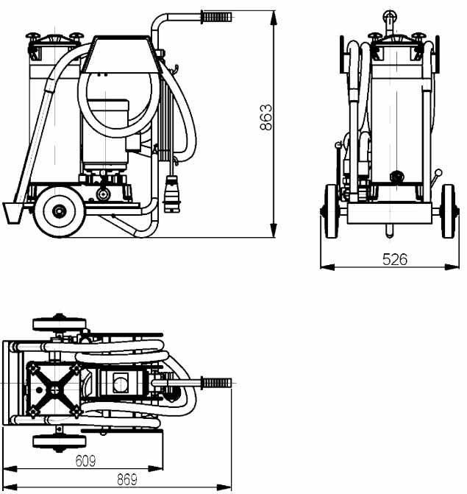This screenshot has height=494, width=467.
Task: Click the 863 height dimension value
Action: click(x=266, y=117)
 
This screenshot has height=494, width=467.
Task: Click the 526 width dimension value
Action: click(x=395, y=260)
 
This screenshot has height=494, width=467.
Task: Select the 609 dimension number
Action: click(x=85, y=461)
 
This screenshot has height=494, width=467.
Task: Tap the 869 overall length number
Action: click(x=127, y=480)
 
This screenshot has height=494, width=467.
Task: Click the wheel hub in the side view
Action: click(x=59, y=211)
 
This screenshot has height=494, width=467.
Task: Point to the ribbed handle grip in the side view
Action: click(x=216, y=17)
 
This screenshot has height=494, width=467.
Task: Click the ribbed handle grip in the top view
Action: click(x=216, y=383)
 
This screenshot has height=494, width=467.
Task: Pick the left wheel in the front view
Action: click(x=331, y=211)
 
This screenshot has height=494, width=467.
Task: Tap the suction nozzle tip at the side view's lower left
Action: click(x=12, y=214)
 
